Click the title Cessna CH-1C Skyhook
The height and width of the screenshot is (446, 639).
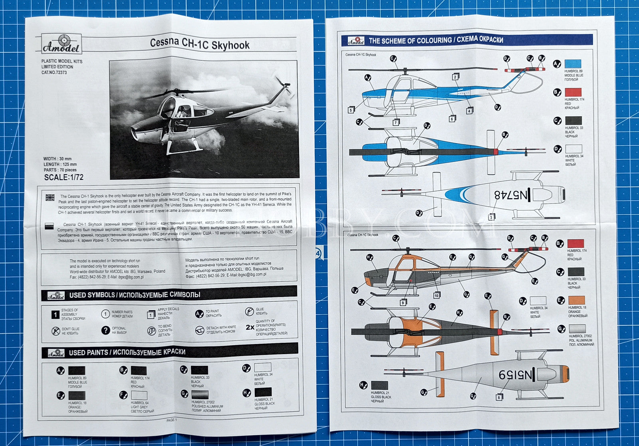[200, 44]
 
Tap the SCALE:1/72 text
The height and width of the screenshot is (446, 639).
[64, 177]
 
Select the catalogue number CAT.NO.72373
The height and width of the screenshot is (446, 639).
[54, 73]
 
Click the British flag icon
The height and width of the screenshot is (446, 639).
[50, 197]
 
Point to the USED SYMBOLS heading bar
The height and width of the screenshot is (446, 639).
[169, 295]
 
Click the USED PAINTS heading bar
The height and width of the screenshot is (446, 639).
[169, 352]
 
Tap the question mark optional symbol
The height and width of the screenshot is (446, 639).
[105, 330]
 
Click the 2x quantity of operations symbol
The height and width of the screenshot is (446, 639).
[250, 327]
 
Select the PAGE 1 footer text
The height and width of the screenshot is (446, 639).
[171, 420]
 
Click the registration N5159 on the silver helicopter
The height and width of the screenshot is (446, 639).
[515, 374]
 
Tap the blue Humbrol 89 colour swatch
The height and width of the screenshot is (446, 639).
[573, 64]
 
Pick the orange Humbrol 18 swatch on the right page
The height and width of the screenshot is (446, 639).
[576, 301]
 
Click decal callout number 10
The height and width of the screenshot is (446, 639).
[437, 295]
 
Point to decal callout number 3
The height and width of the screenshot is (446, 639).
[492, 217]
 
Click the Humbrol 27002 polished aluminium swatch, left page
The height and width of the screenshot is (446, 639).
[199, 395]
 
